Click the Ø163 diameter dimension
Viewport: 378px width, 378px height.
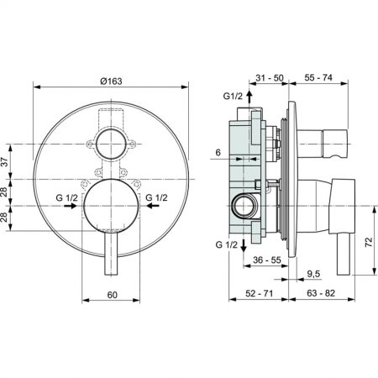click(111, 81)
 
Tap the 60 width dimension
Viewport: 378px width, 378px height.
click(111, 294)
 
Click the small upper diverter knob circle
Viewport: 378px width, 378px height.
click(111, 144)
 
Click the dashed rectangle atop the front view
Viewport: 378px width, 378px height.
click(111, 117)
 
